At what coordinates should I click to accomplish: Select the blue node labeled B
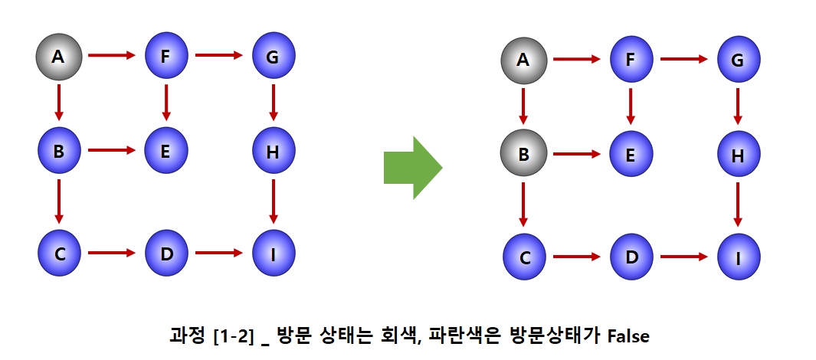(59, 150)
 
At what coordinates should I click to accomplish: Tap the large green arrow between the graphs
(413, 167)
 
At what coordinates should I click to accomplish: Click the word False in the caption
(628, 335)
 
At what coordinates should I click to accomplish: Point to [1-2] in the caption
(233, 335)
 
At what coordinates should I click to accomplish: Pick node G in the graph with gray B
(739, 59)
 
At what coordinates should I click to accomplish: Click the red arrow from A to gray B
(523, 106)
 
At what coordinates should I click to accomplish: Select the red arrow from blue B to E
(112, 150)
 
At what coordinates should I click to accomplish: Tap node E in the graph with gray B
(631, 154)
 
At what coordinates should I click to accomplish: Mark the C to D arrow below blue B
(112, 251)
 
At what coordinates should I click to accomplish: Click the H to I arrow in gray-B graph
(738, 203)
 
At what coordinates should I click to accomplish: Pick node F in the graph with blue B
(166, 55)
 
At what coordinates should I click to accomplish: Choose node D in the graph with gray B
(631, 257)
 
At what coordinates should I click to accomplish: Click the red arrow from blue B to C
(59, 201)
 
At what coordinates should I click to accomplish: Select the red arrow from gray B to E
(576, 154)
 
